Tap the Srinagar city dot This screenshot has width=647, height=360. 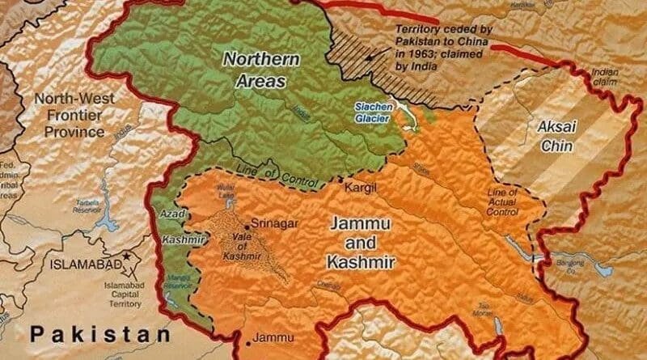245,227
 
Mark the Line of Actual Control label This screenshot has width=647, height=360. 503,202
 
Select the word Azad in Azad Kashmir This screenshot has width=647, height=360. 173,214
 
